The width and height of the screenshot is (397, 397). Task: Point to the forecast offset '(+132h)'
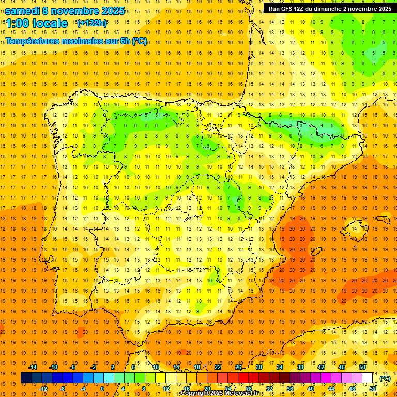tap(91, 23)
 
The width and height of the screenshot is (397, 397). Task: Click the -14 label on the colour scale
tap(34, 368)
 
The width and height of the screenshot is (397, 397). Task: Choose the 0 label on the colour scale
tap(102, 389)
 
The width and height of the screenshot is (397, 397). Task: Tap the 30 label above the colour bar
tap(259, 368)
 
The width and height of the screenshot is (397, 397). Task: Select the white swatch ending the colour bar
tap(368, 378)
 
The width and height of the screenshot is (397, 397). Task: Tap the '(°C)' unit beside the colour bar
tap(385, 378)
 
